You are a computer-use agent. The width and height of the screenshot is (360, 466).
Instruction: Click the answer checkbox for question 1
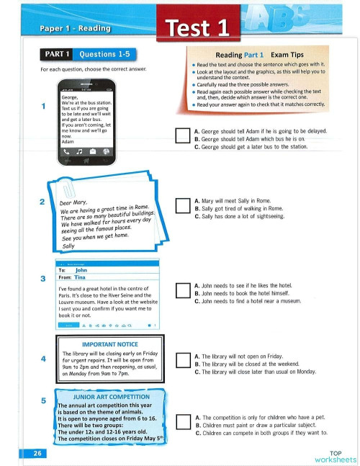click(x=182, y=135)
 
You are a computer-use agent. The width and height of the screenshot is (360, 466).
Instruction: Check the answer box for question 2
click(x=182, y=207)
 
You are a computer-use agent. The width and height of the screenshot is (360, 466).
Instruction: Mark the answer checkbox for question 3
click(x=182, y=291)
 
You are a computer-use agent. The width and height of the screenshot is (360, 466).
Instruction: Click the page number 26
click(x=36, y=453)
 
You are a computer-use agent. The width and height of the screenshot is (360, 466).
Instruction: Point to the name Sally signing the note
click(x=69, y=246)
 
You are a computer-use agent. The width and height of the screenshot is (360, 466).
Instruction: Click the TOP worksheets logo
click(x=334, y=455)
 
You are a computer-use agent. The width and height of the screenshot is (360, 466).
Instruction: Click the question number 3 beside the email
click(x=44, y=278)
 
